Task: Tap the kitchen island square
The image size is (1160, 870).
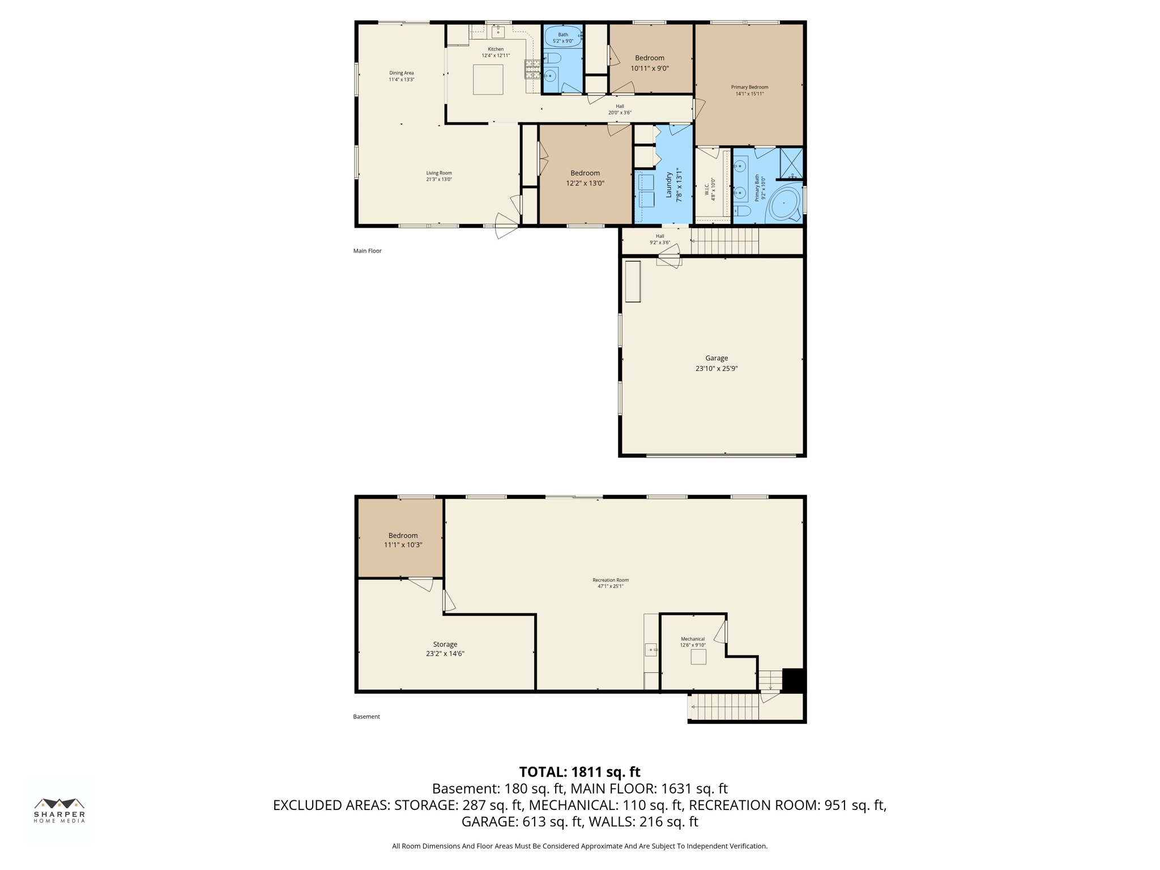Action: [488, 79]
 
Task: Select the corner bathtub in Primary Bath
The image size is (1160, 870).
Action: [784, 204]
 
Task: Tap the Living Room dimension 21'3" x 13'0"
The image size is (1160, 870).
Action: [439, 180]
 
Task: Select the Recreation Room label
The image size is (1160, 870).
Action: [610, 580]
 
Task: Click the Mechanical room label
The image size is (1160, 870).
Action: [692, 639]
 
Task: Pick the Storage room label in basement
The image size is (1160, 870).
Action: [445, 644]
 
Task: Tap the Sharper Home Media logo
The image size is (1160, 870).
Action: [59, 810]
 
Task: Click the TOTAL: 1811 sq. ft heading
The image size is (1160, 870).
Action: [579, 772]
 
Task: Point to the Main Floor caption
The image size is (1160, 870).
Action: [367, 251]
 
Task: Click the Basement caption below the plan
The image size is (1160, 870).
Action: [366, 717]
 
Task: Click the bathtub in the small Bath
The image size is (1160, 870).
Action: [563, 37]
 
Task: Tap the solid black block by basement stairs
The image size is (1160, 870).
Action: [793, 680]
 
